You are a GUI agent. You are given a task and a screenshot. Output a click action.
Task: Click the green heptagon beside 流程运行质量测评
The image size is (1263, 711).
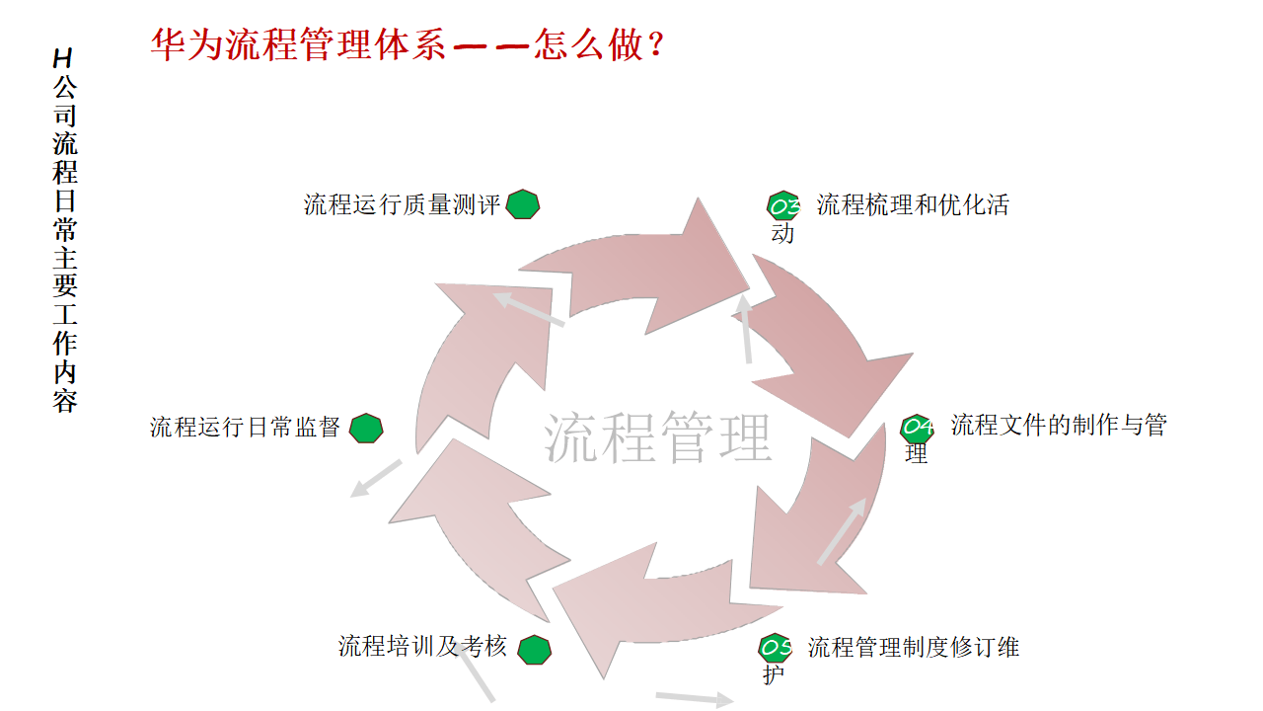coord(523,204)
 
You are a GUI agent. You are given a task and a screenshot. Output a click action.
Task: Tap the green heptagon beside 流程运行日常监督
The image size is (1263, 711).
coord(366,429)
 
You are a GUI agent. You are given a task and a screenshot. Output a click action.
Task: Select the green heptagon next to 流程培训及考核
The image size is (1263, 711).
coord(535,649)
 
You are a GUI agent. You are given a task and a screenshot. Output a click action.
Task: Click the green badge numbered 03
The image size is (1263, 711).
coord(783,206)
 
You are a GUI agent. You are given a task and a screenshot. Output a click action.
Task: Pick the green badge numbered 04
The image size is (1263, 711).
coord(917,428)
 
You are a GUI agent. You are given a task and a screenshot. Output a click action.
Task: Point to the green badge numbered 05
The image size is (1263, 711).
coord(776,648)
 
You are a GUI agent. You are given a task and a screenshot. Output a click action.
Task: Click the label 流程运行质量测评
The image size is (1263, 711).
coord(403,205)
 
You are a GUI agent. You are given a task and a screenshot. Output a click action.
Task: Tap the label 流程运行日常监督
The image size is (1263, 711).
coord(245,428)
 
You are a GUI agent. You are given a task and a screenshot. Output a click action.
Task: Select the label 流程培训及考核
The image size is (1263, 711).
coord(422,647)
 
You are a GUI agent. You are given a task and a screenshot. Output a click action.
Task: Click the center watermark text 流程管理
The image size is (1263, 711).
coord(657,437)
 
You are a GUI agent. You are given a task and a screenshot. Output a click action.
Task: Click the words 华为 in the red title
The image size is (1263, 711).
coord(187,44)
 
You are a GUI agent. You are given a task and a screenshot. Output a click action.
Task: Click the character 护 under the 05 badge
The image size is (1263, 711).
coord(775,676)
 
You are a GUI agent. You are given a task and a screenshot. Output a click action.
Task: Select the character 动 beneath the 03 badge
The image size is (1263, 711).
coord(782,234)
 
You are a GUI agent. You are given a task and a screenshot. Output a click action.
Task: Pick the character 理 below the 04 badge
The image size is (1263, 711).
coord(917,455)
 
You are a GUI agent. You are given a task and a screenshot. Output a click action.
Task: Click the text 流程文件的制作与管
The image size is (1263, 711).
coord(1059,426)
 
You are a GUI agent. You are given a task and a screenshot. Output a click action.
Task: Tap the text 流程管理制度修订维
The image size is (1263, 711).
coord(914,648)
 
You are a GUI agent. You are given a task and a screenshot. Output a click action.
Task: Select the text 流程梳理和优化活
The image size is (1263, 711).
coord(913,205)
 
